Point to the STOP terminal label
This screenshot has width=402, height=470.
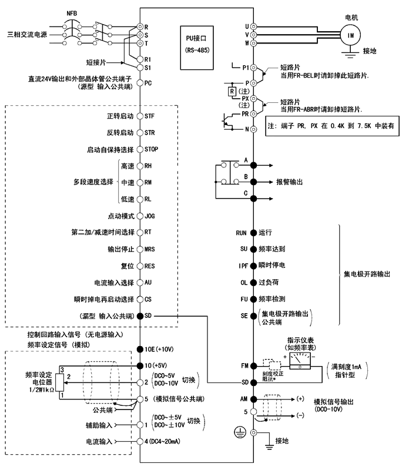[x=152, y=149]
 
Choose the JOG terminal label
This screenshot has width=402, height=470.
[x=150, y=216]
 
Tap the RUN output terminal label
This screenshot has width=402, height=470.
[x=241, y=233]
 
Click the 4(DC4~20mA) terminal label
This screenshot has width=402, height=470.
[x=164, y=441]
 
